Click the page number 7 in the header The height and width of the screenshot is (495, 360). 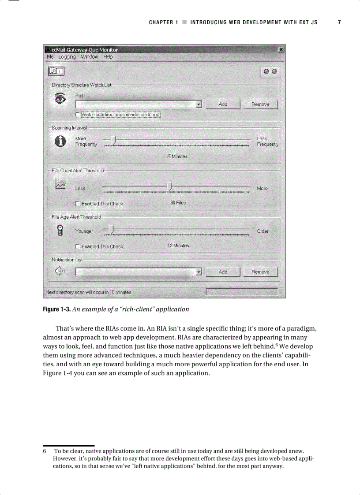coord(339,22)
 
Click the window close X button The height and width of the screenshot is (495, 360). coord(281,50)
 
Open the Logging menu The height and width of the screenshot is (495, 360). coord(67,57)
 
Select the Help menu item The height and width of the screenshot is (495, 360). coord(108,57)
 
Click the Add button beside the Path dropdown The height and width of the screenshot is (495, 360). coord(223,104)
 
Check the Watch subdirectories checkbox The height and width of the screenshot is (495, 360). coord(78,115)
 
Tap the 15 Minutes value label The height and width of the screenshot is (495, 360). coord(176,156)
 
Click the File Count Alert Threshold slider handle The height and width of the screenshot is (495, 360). coord(170,187)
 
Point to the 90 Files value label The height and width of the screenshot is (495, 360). coord(178,203)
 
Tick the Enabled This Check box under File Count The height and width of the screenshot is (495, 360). coord(78,204)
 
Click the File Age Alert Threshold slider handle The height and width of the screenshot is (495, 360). coord(112,230)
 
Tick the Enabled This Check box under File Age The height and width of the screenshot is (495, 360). coord(78,247)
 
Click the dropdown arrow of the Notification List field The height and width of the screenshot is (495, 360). coord(199,272)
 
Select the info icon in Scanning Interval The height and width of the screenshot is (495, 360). coord(60,141)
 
